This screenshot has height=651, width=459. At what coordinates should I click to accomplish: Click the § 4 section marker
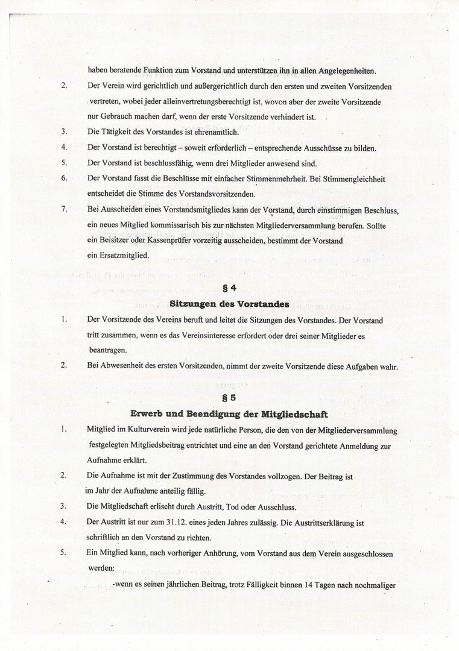pos(229,288)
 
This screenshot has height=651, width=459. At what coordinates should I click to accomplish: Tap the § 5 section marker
pos(229,398)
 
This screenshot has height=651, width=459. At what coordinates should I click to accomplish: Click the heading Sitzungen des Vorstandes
pos(229,303)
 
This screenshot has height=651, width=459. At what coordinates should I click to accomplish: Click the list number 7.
pos(63,209)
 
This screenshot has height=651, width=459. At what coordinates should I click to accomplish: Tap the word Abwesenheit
pos(118,366)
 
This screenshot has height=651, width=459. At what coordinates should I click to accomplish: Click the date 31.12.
pos(178,523)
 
